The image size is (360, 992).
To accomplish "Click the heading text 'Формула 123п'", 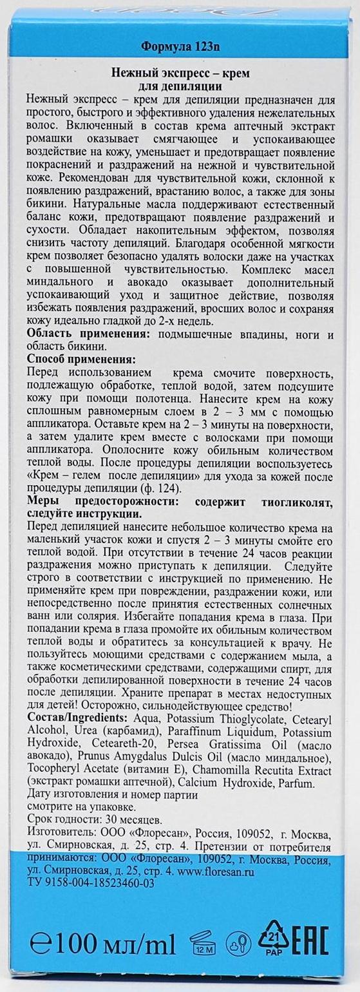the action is [x=180, y=47].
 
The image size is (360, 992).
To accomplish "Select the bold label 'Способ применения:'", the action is [x=81, y=359].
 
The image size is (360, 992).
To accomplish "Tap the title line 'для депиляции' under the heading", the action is [x=180, y=87].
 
